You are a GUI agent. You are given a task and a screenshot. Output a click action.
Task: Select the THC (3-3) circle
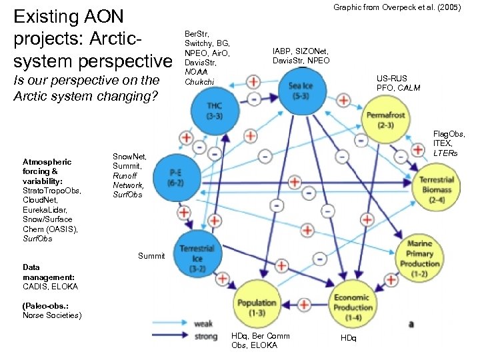coord(214,111)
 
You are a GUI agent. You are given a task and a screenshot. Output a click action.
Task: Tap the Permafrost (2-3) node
coord(385,120)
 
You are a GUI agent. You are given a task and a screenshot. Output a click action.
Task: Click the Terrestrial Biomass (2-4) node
coord(437,185)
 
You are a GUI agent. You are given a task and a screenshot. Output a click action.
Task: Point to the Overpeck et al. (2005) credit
coord(397,7)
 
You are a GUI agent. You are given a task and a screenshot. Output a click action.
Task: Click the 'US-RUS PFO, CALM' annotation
coord(397,83)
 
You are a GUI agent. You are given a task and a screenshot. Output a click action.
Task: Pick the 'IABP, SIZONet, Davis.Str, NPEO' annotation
coord(301,55)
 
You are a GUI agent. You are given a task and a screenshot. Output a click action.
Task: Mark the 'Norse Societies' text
coord(53,315)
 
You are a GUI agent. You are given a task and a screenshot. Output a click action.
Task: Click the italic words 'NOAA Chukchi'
coord(199,77)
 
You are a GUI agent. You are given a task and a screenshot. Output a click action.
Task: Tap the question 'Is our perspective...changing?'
coord(86,88)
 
